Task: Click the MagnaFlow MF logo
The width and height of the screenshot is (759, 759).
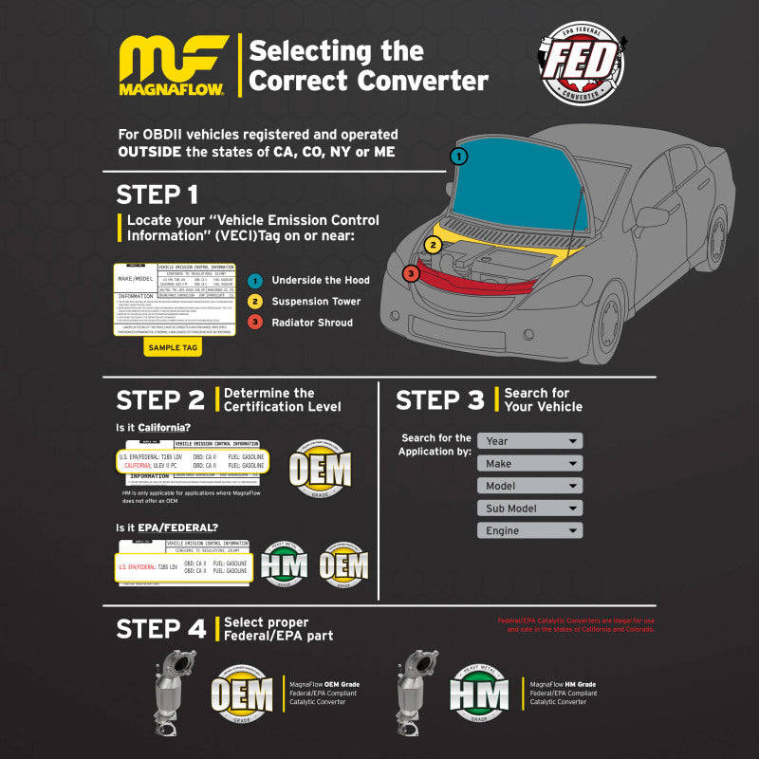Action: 174,66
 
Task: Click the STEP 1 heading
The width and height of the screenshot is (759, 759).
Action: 157,194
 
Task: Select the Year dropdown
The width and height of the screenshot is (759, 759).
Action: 529,441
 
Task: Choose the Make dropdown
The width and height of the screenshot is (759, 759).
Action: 529,464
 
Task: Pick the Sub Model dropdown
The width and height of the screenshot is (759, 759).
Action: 529,509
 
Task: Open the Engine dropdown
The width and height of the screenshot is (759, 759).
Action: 529,531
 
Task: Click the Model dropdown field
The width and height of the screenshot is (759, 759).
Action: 529,486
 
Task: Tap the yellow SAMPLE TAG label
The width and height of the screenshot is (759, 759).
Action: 172,348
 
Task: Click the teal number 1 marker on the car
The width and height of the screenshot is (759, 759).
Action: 458,156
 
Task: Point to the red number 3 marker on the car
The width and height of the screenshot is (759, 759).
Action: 410,273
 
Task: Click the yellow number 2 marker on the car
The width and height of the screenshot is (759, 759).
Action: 433,245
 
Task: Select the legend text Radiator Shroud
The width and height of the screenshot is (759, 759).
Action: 312,323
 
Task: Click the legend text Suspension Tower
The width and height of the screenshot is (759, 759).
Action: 316,302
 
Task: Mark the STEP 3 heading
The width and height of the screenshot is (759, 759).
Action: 439,399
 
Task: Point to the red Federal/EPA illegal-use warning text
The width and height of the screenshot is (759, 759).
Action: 576,625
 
